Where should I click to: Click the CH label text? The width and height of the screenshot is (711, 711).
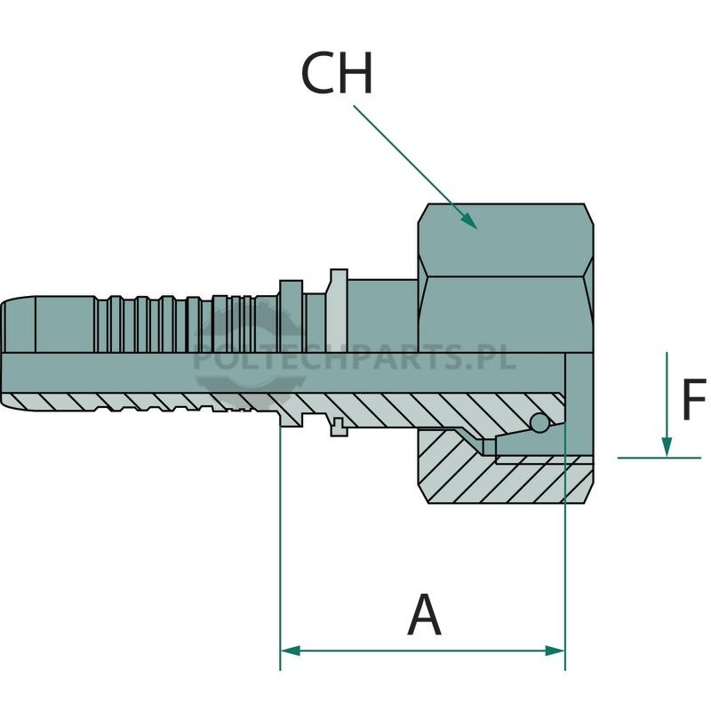pyautogui.click(x=337, y=73)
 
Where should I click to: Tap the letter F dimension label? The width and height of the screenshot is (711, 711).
pyautogui.click(x=693, y=399)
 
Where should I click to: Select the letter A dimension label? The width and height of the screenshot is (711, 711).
pyautogui.click(x=424, y=614)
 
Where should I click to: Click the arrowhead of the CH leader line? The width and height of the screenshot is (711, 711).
pyautogui.click(x=470, y=221)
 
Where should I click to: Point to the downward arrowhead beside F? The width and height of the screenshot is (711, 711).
pyautogui.click(x=666, y=447)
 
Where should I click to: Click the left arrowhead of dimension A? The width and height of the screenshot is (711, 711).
pyautogui.click(x=291, y=651)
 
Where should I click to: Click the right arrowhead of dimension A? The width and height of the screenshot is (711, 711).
pyautogui.click(x=555, y=651)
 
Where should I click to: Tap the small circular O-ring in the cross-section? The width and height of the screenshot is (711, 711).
pyautogui.click(x=540, y=423)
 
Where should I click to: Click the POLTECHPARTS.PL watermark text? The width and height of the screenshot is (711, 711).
pyautogui.click(x=355, y=356)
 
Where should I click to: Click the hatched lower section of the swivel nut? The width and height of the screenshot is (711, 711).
pyautogui.click(x=506, y=472)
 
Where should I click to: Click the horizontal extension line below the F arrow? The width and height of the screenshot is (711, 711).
pyautogui.click(x=659, y=458)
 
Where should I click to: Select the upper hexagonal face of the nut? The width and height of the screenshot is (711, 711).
pyautogui.click(x=506, y=240)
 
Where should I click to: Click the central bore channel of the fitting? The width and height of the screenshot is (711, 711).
pyautogui.click(x=284, y=372)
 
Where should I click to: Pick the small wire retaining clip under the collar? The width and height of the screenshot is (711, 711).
pyautogui.click(x=339, y=427)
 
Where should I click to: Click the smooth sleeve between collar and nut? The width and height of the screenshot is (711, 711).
pyautogui.click(x=383, y=316)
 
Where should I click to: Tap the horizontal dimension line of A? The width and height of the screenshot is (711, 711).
pyautogui.click(x=423, y=651)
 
